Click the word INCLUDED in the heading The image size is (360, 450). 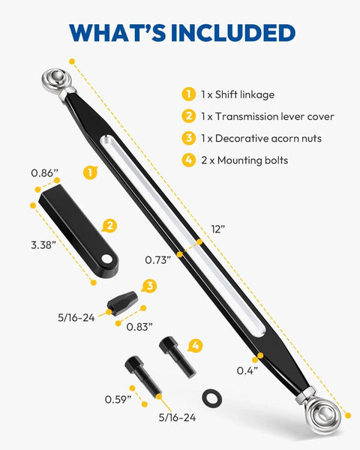pyautogui.click(x=232, y=33)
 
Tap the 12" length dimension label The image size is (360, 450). pyautogui.click(x=218, y=229)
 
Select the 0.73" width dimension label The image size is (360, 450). pyautogui.click(x=158, y=260)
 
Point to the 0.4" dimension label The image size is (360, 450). pyautogui.click(x=247, y=370)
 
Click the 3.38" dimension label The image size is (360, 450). pyautogui.click(x=43, y=245)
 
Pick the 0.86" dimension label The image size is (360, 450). pyautogui.click(x=44, y=173)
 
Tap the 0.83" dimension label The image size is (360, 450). pyautogui.click(x=139, y=326)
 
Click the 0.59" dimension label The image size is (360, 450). pyautogui.click(x=118, y=399)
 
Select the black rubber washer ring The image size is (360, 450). pyautogui.click(x=211, y=398)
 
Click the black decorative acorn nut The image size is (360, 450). pyautogui.click(x=122, y=303)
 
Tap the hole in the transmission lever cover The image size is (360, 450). pyautogui.click(x=106, y=259)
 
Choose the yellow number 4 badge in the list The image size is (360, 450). pyautogui.click(x=188, y=160)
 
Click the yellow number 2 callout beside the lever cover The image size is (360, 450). pyautogui.click(x=109, y=226)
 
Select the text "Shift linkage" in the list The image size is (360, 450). pyautogui.click(x=245, y=94)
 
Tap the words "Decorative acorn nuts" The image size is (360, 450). pyautogui.click(x=268, y=138)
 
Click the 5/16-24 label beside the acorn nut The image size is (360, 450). pyautogui.click(x=76, y=318)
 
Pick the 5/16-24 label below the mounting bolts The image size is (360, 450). pyautogui.click(x=178, y=418)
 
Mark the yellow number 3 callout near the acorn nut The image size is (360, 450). pyautogui.click(x=149, y=286)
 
